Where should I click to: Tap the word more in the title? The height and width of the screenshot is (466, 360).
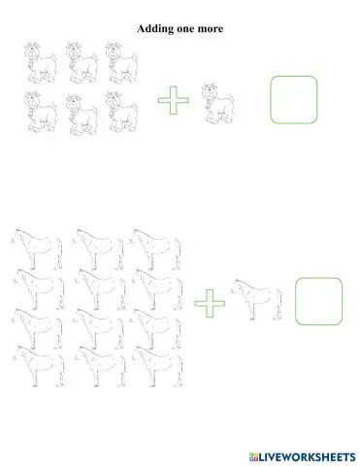[209, 29]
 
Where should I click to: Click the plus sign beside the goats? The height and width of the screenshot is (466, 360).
[173, 100]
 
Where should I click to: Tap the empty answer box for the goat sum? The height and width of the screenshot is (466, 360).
[294, 100]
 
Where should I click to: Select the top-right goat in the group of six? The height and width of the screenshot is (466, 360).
[121, 62]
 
